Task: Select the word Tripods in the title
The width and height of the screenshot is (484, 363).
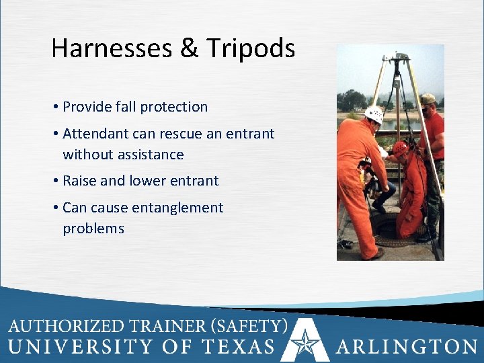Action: [x=251, y=49]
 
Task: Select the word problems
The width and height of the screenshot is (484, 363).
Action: [x=93, y=229]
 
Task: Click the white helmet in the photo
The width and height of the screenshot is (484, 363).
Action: [x=374, y=114]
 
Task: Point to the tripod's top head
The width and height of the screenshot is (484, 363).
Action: [x=400, y=59]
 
